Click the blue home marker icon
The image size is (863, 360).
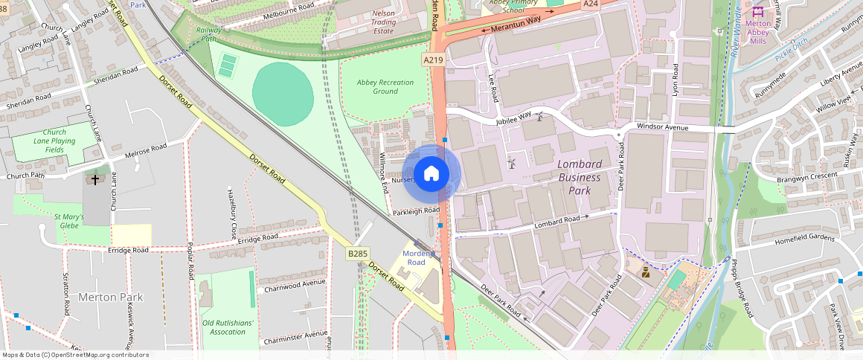point(431,175)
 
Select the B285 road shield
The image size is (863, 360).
point(358,254)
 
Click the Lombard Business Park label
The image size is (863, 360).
point(579,177)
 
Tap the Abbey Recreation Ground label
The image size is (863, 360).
point(385,86)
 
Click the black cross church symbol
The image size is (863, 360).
point(94,179)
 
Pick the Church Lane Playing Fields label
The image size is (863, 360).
point(54,141)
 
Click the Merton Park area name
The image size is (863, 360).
point(111,298)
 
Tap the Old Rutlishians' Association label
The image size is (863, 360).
point(228,327)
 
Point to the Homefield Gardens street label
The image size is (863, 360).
point(805,239)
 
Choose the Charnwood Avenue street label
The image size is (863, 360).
point(295,284)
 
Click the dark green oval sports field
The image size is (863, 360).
point(283,93)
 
